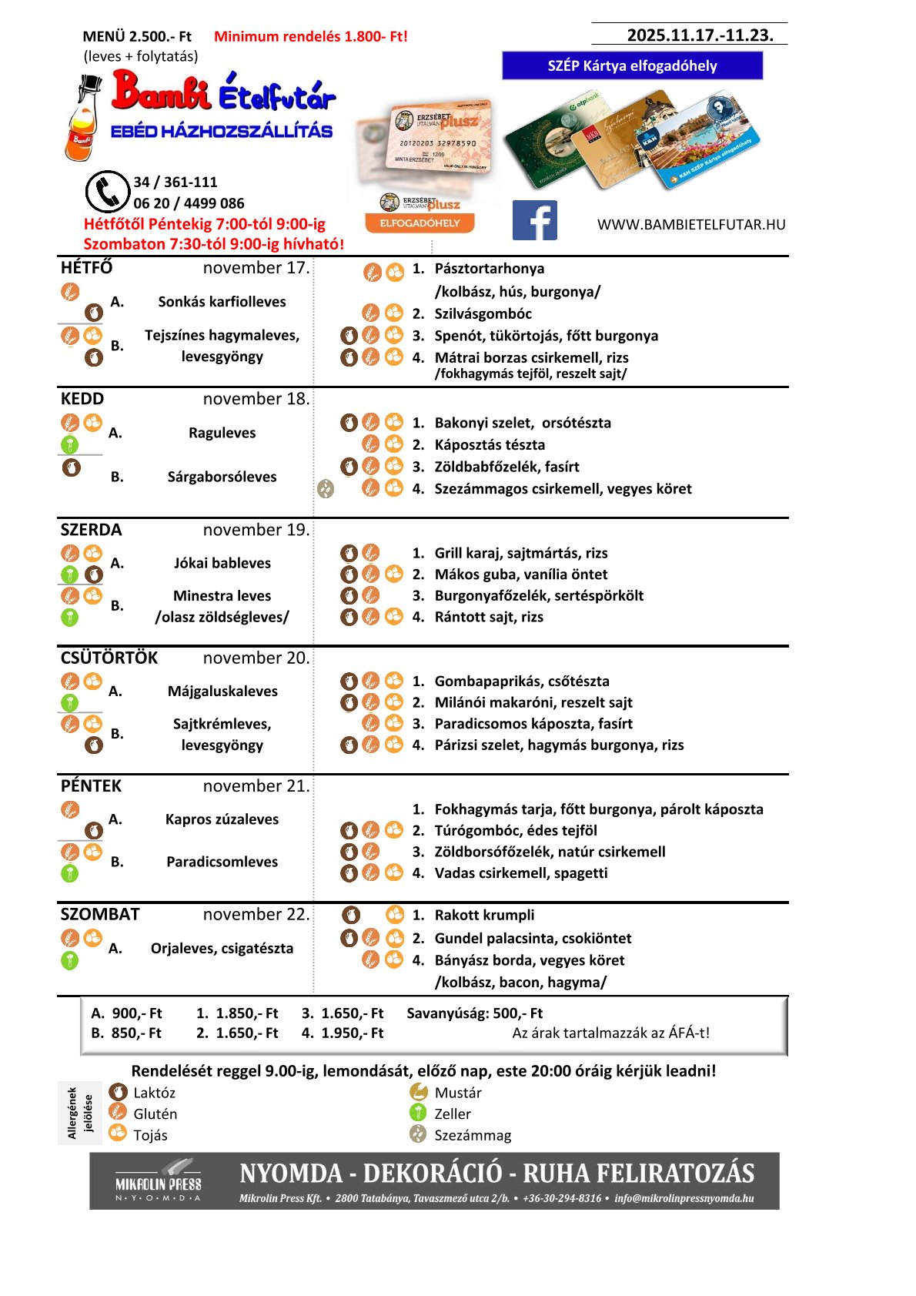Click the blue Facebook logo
coord(534,221)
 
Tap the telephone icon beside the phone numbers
coord(107,191)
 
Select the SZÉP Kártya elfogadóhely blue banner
coord(632,65)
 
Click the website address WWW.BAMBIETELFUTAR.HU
coord(691,225)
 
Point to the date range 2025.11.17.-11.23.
coord(700,35)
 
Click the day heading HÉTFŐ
coord(86,268)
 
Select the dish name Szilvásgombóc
coord(483,313)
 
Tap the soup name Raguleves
coord(222,433)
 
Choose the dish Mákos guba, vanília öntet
coord(520,574)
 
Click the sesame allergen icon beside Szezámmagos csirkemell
coord(326,489)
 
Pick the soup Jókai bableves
coord(222,563)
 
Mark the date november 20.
coord(256,658)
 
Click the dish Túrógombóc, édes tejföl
coord(516,831)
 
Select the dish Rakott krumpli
coord(484,915)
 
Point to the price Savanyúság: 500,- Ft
coord(474,1013)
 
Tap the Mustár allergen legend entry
coord(457,1093)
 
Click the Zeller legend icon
coord(418,1113)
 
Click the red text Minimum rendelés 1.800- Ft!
coord(311,36)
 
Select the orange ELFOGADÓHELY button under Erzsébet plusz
coord(420,223)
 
